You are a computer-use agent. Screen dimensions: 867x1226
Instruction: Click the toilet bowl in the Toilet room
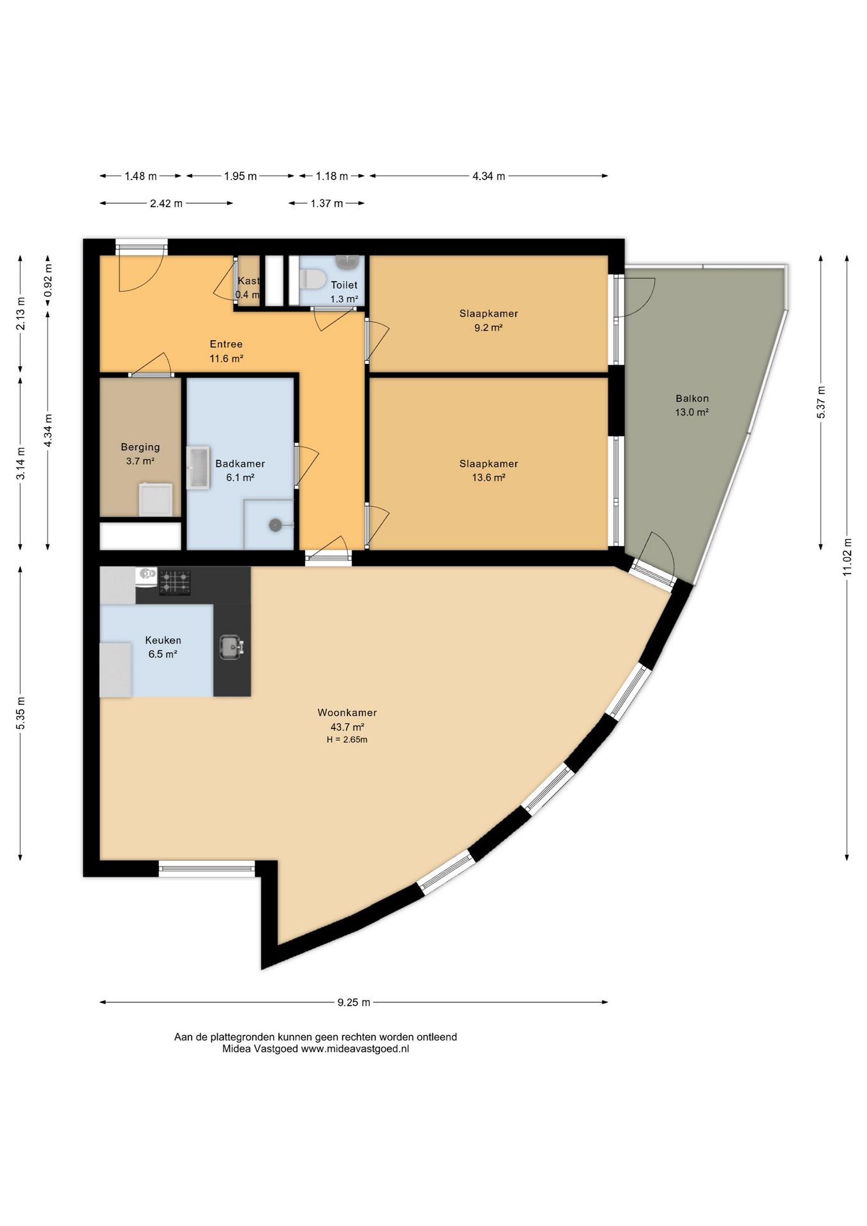[313, 278]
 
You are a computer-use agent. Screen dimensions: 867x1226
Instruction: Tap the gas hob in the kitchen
[174, 582]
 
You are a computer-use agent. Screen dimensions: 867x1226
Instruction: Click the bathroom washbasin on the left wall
[198, 469]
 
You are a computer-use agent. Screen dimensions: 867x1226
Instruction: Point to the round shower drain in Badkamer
[275, 525]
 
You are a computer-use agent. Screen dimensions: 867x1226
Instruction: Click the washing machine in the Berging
[156, 499]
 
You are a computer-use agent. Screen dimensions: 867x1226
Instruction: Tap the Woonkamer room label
[347, 713]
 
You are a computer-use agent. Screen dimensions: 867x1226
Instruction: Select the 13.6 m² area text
[488, 478]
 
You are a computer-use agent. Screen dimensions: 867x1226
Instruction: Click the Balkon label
[692, 398]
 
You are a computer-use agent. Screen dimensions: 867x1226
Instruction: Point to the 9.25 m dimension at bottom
[354, 1002]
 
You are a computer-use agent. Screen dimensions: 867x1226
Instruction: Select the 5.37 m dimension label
[821, 402]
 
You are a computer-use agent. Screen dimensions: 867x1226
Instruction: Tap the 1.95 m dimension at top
[240, 176]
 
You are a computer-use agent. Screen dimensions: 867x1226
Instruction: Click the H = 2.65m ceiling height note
[347, 740]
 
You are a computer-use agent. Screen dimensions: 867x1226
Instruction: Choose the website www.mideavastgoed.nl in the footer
[355, 1048]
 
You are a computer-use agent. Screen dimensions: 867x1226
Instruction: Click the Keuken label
[163, 640]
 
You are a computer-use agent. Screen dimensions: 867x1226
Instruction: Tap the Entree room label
[226, 344]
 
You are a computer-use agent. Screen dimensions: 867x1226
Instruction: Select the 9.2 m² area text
[488, 328]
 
